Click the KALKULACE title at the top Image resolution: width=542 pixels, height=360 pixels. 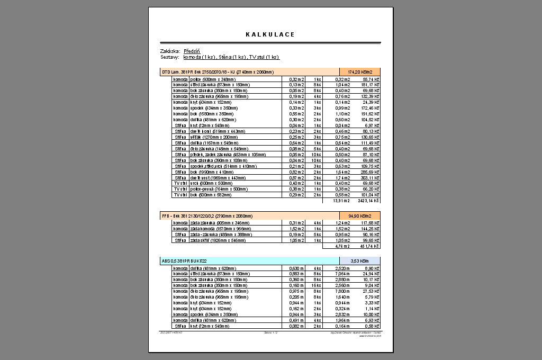coord(270,34)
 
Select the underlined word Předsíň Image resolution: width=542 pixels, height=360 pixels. coord(192,51)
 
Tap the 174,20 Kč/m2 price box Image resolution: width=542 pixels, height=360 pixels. coord(360,71)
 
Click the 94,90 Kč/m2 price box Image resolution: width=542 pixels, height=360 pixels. coord(360,216)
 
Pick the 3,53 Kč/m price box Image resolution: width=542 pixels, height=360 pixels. coord(360,260)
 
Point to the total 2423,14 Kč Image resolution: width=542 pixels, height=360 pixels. coord(369,201)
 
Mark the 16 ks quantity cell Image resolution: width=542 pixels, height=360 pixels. coord(317,285)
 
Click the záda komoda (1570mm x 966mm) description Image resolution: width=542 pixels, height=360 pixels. coord(216,229)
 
